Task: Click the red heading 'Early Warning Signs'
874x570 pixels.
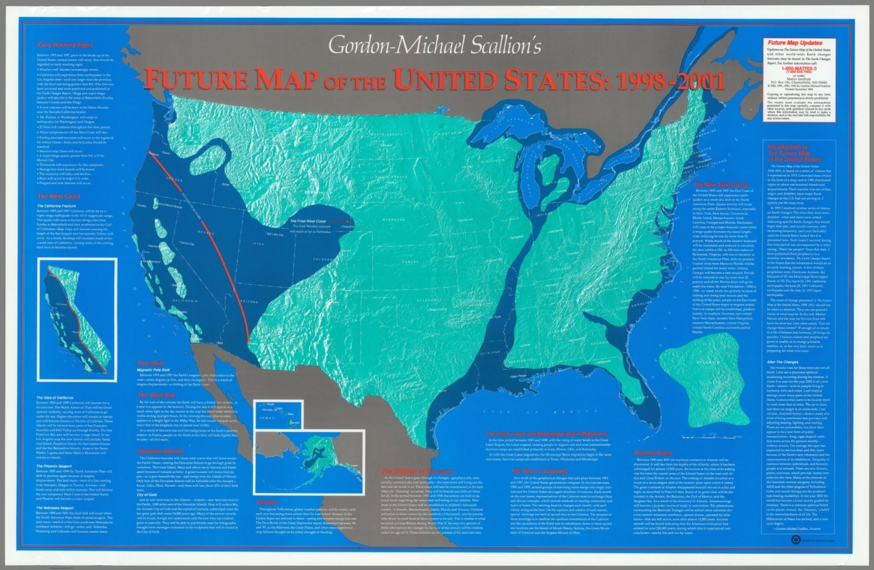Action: pyautogui.click(x=64, y=45)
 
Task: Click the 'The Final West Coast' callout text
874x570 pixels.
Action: pyautogui.click(x=308, y=221)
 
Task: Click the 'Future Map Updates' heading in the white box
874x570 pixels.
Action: pyautogui.click(x=794, y=43)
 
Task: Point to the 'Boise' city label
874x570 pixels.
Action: pyautogui.click(x=226, y=184)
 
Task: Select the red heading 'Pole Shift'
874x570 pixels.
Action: pyautogui.click(x=150, y=363)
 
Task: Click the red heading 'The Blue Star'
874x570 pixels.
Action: pyautogui.click(x=156, y=395)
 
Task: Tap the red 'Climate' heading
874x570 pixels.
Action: pyautogui.click(x=266, y=503)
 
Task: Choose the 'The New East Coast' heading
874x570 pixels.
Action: pyautogui.click(x=720, y=185)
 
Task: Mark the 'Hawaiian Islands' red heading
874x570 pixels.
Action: pyautogui.click(x=159, y=451)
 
